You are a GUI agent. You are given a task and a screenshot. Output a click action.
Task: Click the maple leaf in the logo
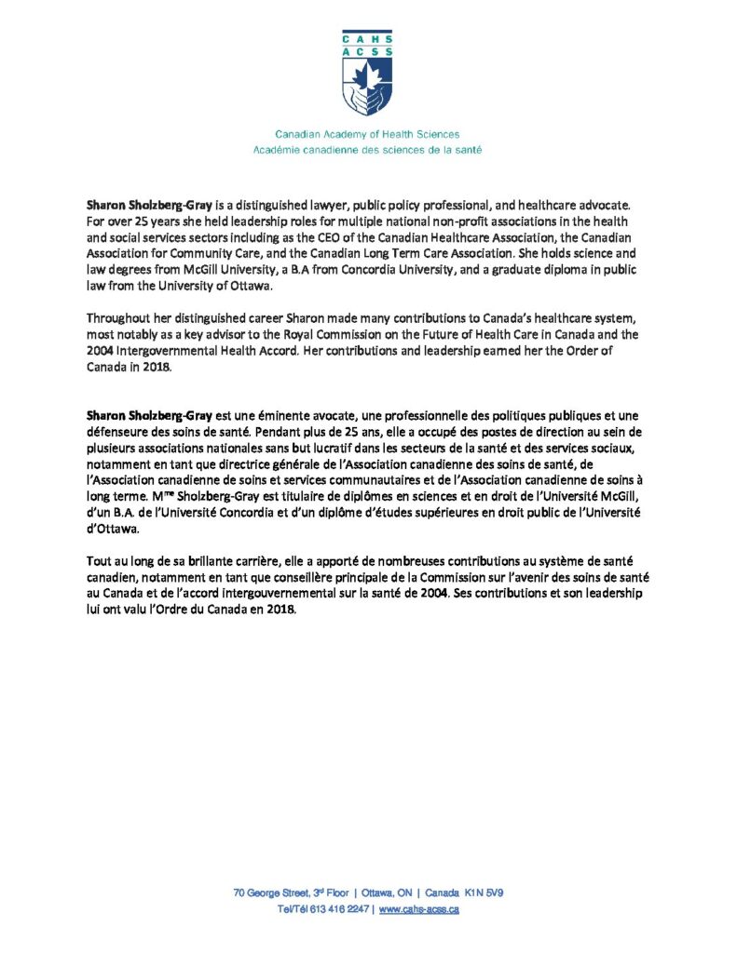pyautogui.click(x=367, y=72)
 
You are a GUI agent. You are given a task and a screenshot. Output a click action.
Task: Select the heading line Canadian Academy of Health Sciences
pyautogui.click(x=366, y=134)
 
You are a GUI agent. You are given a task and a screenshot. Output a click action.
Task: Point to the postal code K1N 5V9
pyautogui.click(x=484, y=893)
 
